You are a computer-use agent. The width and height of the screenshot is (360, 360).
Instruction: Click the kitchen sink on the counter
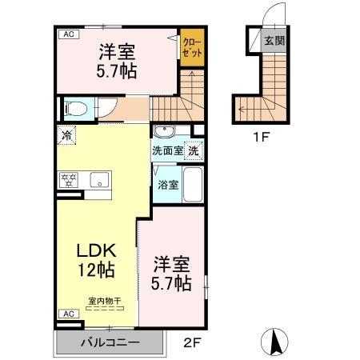(x=99, y=179)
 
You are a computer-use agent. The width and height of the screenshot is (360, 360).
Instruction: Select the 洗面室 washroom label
(x=168, y=150)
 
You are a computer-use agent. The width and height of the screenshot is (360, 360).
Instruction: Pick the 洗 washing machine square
(x=195, y=150)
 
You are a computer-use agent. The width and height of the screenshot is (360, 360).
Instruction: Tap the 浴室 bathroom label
(x=167, y=185)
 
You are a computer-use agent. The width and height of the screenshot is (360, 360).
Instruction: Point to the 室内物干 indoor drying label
(x=104, y=300)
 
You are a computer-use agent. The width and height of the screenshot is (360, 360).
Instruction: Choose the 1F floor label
(x=262, y=135)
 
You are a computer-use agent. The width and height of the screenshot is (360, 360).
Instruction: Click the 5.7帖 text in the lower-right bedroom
(x=172, y=282)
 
